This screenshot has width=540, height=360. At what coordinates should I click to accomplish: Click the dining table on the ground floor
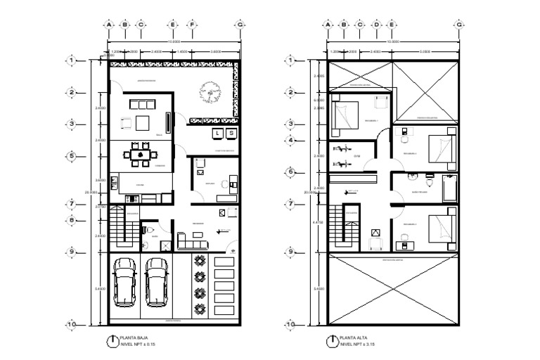coord(141,153)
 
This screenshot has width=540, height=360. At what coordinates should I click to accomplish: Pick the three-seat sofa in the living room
coord(143,104)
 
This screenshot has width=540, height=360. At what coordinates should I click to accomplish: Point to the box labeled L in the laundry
coord(218,132)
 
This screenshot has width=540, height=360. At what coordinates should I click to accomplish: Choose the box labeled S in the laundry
coord(231,132)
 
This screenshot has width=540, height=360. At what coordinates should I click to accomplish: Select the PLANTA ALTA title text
coord(352,338)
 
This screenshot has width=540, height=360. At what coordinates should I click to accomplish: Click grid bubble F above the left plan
coord(191,25)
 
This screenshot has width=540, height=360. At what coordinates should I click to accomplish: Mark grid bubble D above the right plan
coord(376,25)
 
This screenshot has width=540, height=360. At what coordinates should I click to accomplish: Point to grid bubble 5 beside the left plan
coord(73,156)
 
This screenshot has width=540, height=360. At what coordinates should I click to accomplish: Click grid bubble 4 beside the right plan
coord(290,140)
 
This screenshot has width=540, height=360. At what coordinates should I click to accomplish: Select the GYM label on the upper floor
coord(356,155)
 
